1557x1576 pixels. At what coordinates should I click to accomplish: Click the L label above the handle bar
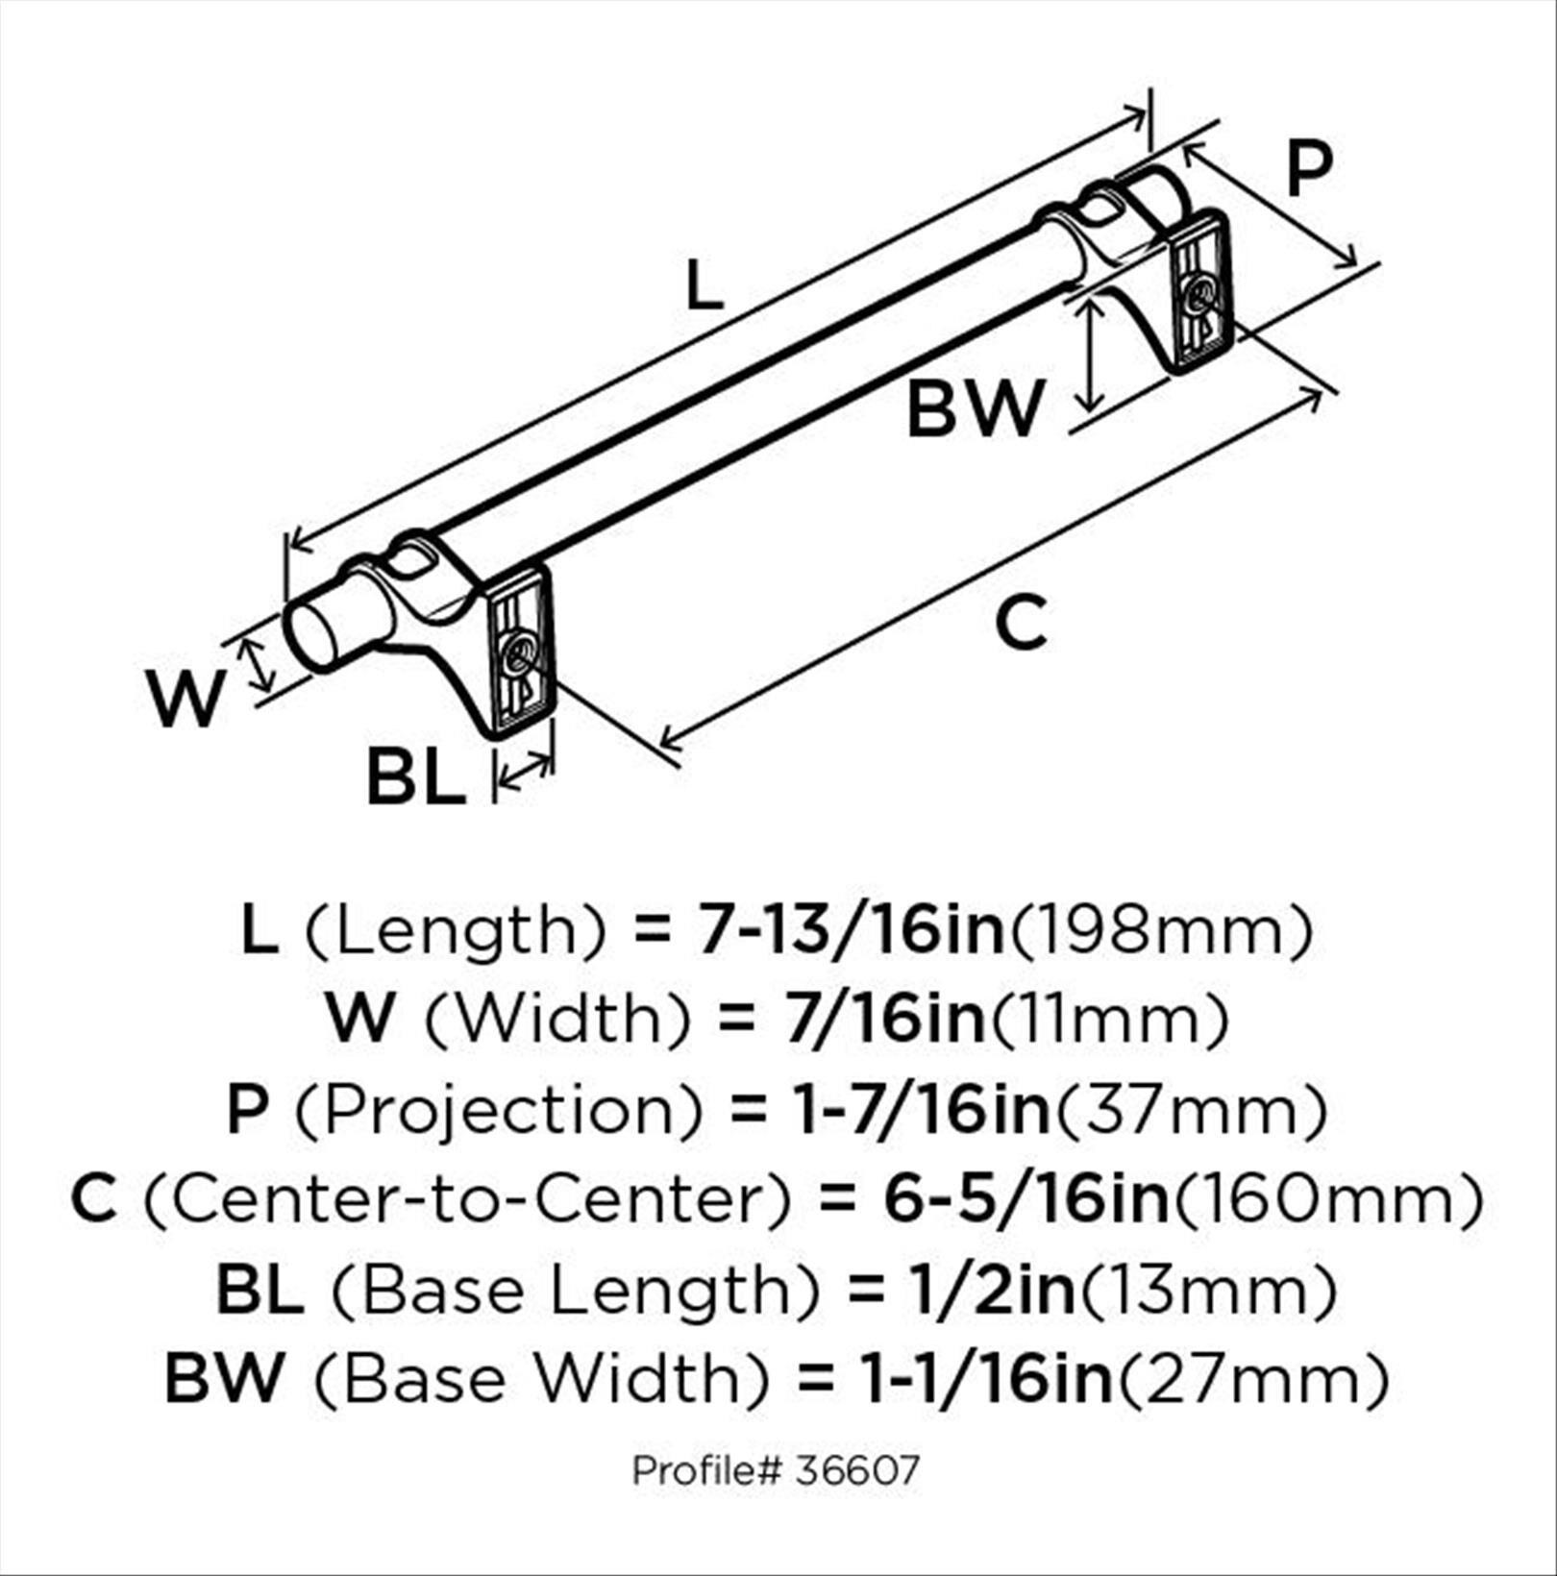pyautogui.click(x=704, y=286)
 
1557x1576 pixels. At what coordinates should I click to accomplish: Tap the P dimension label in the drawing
pyautogui.click(x=1309, y=169)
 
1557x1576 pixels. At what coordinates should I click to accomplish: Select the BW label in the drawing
pyautogui.click(x=975, y=409)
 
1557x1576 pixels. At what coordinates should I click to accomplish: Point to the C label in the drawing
pyautogui.click(x=1021, y=624)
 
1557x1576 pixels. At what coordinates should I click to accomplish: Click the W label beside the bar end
pyautogui.click(x=185, y=699)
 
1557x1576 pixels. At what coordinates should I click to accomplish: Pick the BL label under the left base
pyautogui.click(x=415, y=777)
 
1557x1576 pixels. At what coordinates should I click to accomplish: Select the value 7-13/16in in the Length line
pyautogui.click(x=851, y=931)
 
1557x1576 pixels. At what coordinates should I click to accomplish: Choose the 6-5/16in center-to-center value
pyautogui.click(x=1026, y=1199)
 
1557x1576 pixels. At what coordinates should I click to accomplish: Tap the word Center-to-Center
pyautogui.click(x=469, y=1199)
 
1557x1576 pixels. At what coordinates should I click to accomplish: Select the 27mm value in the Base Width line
pyautogui.click(x=1255, y=1379)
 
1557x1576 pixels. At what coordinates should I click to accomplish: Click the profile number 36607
pyautogui.click(x=857, y=1469)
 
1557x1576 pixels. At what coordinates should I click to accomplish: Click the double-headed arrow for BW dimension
pyautogui.click(x=1089, y=354)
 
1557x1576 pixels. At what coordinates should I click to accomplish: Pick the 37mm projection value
pyautogui.click(x=1193, y=1110)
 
